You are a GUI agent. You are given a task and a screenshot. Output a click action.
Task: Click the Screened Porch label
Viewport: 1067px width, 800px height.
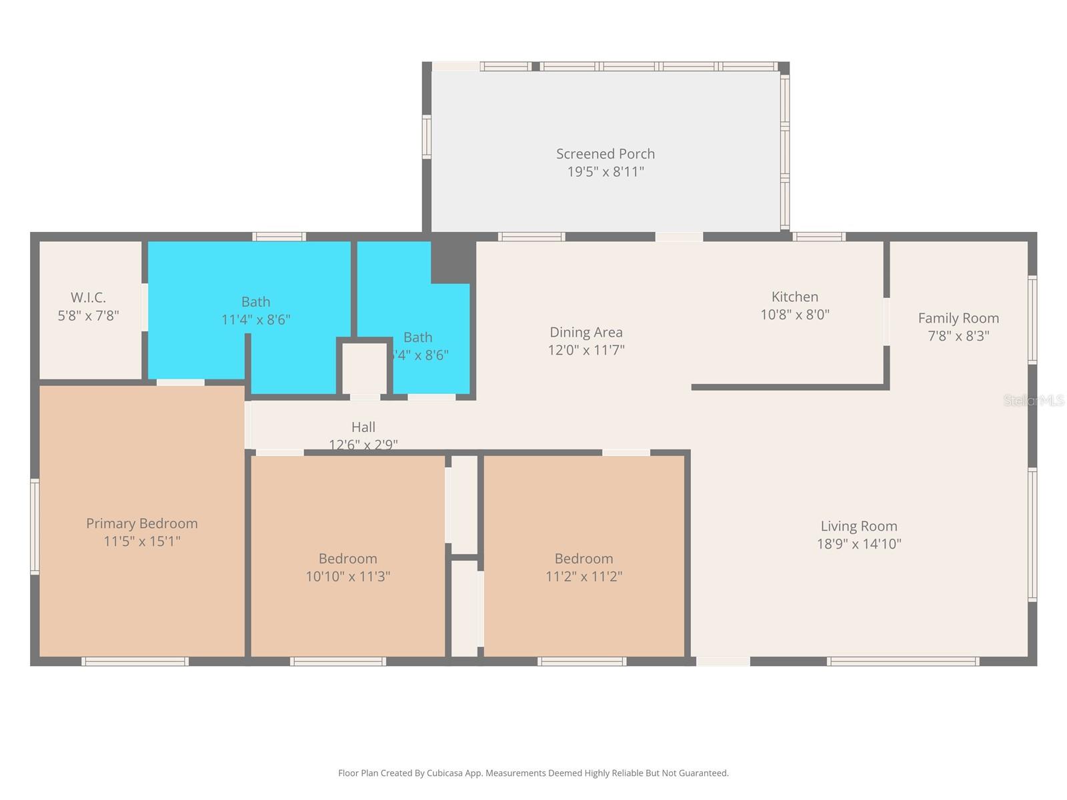pos(606,153)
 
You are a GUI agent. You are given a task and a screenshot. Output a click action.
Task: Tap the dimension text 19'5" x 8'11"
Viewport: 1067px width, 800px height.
pos(606,172)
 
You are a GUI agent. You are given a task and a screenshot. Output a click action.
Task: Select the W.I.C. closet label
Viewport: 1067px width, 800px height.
pos(88,297)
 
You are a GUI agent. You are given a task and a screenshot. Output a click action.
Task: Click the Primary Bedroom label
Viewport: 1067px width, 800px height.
pos(141,523)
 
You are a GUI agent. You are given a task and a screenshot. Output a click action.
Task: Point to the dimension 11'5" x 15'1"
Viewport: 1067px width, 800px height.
pos(141,541)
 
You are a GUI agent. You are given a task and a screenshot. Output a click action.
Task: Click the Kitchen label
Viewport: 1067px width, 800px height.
pos(794,297)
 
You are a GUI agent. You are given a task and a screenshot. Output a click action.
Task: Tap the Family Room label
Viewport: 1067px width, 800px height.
pos(958,318)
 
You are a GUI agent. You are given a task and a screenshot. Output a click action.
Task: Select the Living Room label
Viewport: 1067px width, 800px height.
pos(858,526)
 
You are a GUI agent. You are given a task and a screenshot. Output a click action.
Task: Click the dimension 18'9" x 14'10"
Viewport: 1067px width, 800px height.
pos(858,544)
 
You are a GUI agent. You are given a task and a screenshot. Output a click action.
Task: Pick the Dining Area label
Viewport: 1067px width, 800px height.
pos(586,332)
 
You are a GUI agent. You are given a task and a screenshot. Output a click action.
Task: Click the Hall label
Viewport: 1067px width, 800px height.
pos(363,427)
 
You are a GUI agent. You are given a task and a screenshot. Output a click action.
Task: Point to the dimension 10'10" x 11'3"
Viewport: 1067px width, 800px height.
pos(347,577)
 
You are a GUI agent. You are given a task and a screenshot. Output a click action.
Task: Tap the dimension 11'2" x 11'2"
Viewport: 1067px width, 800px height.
pos(584,577)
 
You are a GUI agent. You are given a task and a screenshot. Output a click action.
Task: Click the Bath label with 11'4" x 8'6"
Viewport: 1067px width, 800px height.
pos(255,301)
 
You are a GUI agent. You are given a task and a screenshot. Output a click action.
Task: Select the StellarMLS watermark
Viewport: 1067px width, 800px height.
pos(1033,400)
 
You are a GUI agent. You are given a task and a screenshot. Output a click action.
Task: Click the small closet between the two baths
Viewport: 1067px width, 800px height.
pos(364,368)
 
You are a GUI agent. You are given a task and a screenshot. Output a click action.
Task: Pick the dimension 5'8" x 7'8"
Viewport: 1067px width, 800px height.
pos(88,315)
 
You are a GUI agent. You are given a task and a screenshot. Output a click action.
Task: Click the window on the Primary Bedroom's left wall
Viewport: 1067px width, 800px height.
pos(35,525)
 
